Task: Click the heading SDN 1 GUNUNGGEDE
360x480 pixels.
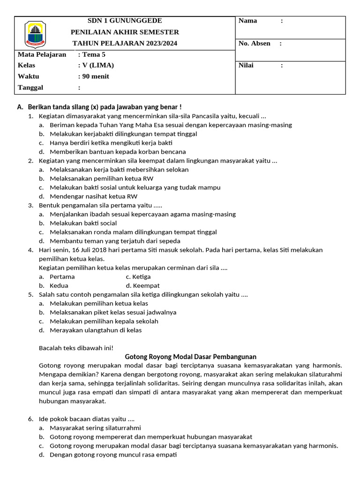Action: click(x=125, y=21)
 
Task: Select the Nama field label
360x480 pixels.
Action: click(x=248, y=21)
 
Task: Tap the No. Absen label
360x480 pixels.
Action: click(x=255, y=44)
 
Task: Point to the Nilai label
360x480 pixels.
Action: click(x=246, y=66)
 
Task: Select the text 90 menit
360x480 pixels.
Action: click(x=96, y=76)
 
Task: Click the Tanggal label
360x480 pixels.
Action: click(x=30, y=88)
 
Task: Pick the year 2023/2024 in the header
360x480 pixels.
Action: click(x=158, y=44)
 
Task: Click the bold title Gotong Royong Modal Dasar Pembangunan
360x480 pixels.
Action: click(x=191, y=357)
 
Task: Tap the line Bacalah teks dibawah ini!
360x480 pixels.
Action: click(x=76, y=348)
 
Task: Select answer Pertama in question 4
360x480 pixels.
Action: click(x=62, y=277)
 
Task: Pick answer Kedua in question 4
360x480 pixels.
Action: click(x=59, y=285)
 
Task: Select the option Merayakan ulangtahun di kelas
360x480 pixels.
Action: click(x=96, y=330)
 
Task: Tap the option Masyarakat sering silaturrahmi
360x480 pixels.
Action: click(x=95, y=428)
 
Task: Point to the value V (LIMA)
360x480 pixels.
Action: click(x=98, y=66)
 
